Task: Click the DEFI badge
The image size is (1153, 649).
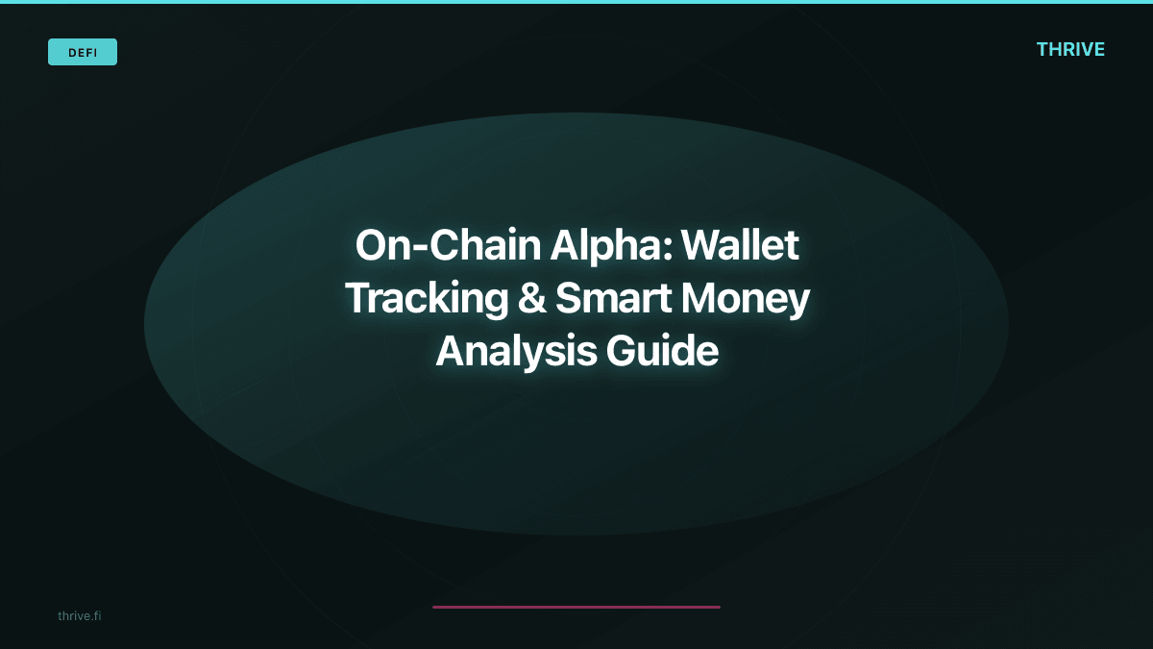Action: [x=83, y=52]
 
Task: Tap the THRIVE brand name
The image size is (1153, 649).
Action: [x=1070, y=50]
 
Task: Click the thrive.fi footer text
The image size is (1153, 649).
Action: [x=79, y=615]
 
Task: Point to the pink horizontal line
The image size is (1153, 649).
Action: [x=576, y=607]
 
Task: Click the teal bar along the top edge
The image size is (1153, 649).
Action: [x=576, y=2]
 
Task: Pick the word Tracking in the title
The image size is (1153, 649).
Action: [x=426, y=299]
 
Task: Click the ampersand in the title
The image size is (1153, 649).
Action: [x=531, y=299]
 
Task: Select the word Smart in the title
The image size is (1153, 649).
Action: [x=612, y=299]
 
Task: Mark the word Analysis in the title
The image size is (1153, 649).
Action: [x=515, y=352]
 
